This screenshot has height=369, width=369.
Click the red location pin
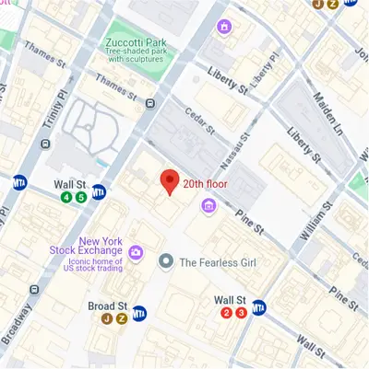click(x=169, y=181)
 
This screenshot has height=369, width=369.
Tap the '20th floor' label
click(x=206, y=184)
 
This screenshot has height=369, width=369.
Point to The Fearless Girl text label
click(x=218, y=262)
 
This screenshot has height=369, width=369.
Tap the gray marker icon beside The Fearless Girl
click(x=166, y=262)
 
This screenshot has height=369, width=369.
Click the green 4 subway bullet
click(x=66, y=197)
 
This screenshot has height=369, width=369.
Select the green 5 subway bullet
click(x=81, y=197)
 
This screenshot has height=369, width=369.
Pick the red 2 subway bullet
click(x=226, y=314)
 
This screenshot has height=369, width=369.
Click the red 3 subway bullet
click(x=241, y=314)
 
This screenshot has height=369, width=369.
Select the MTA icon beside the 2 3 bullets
click(x=260, y=308)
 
